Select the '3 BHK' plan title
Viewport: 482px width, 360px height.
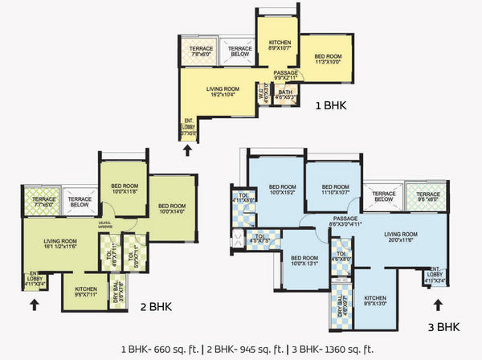tap(443, 327)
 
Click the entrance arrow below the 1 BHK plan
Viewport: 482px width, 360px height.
tap(188, 149)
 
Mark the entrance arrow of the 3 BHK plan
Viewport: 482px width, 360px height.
tap(438, 304)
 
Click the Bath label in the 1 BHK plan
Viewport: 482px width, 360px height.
tap(286, 95)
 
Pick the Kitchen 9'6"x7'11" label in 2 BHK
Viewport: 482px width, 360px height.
tap(87, 291)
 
